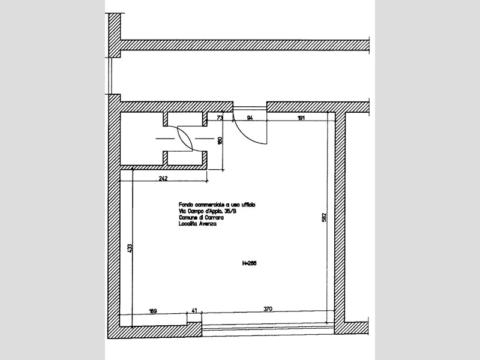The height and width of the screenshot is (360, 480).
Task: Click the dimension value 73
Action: tap(220, 119)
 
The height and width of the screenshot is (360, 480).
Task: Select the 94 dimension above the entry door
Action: tap(249, 119)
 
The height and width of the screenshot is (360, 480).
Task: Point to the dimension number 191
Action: tap(301, 119)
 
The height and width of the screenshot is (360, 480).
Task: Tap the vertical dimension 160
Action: tap(220, 141)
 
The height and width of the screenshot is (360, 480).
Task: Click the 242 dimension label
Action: tap(163, 179)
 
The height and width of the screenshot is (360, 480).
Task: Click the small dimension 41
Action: tap(194, 310)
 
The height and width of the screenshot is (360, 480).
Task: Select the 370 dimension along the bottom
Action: tap(268, 310)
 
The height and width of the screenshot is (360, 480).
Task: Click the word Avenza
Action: tap(207, 224)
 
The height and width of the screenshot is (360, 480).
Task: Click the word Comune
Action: tap(188, 218)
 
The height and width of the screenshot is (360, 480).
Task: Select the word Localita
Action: tap(187, 224)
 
